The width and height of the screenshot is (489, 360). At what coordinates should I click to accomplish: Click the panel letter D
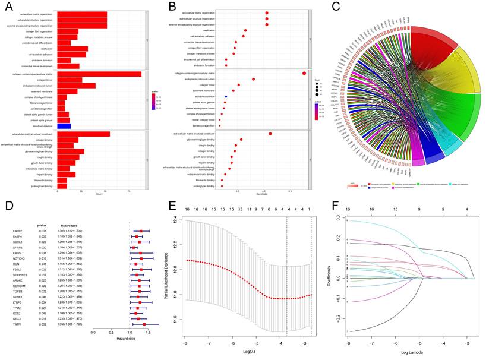(8, 206)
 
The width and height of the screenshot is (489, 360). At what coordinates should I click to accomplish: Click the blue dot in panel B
(226, 96)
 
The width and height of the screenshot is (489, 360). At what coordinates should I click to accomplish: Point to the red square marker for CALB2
(141, 231)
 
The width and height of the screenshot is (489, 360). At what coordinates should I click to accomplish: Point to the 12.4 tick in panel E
(178, 220)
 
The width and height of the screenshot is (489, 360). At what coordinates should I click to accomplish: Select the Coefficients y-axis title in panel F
(330, 277)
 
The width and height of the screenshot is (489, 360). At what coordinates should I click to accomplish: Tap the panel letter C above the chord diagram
(336, 7)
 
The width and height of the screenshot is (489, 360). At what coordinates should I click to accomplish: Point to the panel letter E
(172, 206)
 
